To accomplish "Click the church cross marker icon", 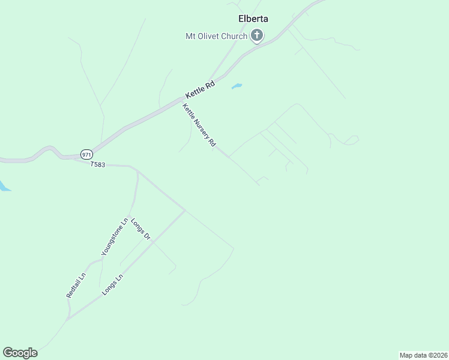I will pos(257,36).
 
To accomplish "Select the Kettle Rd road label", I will pos(200,90).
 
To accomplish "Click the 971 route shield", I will pos(86,154).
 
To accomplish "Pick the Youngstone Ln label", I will pos(115,238).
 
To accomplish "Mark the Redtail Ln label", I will pos(76,286).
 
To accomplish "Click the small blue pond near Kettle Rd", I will pos(237,86).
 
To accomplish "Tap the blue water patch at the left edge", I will pos(4,186).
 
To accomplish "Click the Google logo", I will pos(20,353).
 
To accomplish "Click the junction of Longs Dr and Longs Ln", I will pos(154,242).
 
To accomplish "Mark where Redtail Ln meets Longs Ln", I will pos(68,319).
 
